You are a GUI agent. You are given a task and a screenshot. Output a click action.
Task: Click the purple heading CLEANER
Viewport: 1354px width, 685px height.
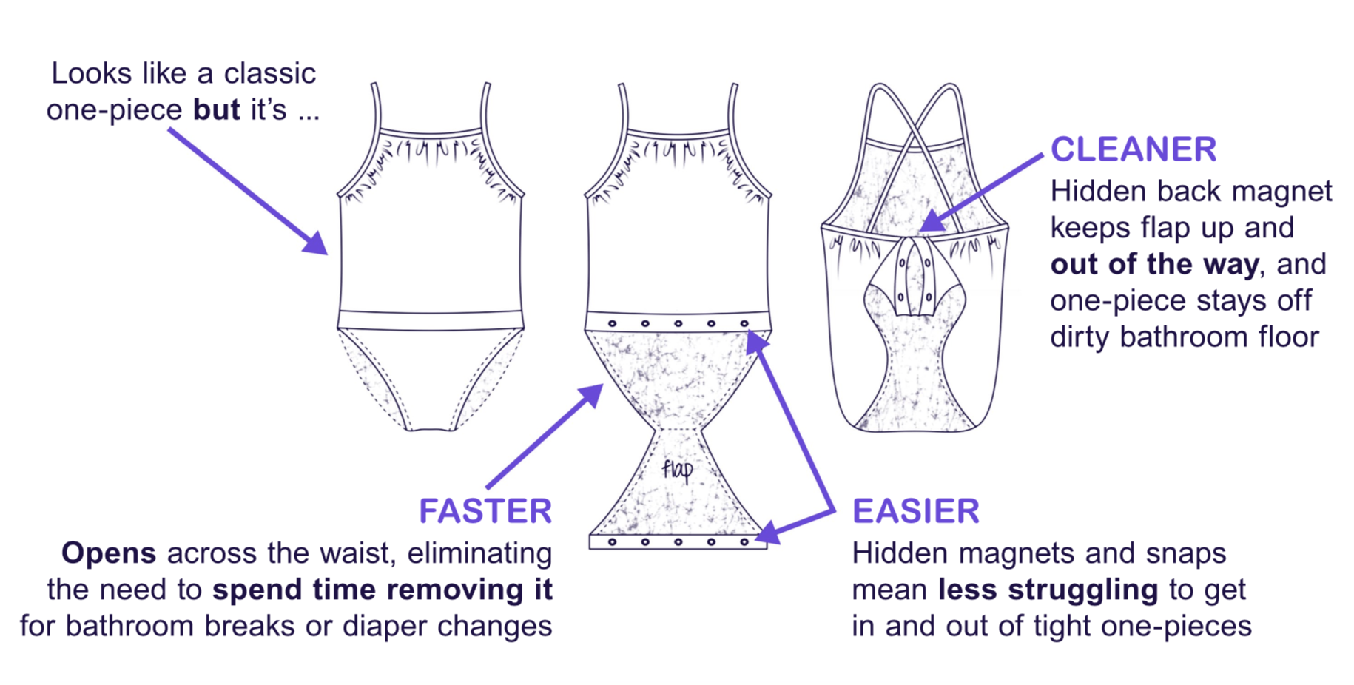point(1133,149)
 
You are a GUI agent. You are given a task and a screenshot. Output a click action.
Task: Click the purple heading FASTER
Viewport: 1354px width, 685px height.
point(485,511)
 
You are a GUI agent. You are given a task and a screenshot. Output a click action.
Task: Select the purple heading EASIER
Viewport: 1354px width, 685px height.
point(915,511)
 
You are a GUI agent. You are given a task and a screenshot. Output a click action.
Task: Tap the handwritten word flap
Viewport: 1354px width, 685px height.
point(677,470)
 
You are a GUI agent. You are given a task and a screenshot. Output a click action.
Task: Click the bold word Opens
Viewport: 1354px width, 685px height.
point(108,553)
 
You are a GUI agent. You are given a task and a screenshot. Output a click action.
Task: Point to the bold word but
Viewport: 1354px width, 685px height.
point(216,110)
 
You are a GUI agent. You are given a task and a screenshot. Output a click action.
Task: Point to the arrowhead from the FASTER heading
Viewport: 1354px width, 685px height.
point(591,395)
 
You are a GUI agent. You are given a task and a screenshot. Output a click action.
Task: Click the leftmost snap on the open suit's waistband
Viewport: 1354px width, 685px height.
point(613,323)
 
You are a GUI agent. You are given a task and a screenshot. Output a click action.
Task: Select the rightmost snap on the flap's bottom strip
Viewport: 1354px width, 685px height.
point(744,542)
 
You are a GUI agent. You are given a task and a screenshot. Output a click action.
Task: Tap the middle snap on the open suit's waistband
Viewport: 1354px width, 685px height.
point(678,323)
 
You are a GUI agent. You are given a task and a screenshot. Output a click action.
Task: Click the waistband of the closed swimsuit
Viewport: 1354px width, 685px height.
point(431,320)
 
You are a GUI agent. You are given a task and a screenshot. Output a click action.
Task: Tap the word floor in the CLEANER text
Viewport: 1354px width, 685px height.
point(1288,337)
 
